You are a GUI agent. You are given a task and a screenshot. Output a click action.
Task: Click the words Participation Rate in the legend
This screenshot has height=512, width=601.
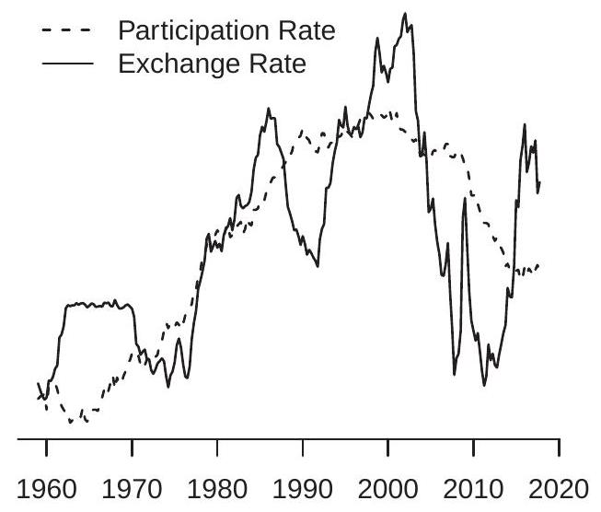click(225, 32)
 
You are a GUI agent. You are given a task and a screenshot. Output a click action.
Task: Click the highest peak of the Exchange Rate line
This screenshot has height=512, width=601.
click(406, 14)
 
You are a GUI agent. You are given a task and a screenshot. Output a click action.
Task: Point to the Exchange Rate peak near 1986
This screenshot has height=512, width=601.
click(269, 109)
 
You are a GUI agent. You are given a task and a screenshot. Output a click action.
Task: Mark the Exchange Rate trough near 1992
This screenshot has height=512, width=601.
click(318, 267)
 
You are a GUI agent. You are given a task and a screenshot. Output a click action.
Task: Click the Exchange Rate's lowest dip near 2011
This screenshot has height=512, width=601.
click(484, 385)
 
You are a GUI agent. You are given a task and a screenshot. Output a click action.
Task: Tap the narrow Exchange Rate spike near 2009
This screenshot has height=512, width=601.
click(465, 198)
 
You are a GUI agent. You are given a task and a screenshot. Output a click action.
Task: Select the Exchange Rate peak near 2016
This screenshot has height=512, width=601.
click(525, 124)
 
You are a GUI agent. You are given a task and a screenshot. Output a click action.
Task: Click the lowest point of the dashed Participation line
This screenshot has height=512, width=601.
click(71, 423)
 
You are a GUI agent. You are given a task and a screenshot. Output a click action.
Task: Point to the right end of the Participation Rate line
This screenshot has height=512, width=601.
click(538, 264)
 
